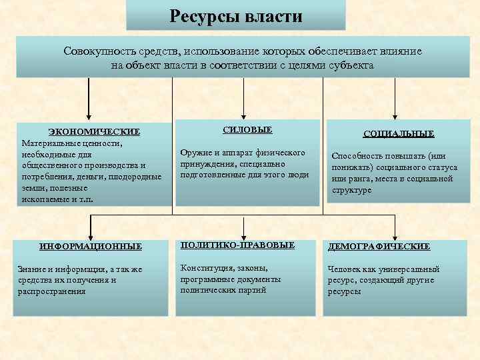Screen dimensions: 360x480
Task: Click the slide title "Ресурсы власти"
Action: coord(236,15)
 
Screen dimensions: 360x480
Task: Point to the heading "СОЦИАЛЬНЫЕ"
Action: coord(399,134)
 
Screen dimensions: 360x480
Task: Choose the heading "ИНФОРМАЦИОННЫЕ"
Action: coord(91,246)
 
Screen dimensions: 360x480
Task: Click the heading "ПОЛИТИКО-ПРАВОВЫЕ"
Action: coord(237,245)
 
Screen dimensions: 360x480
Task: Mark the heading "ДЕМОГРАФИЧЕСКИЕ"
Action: coord(378,246)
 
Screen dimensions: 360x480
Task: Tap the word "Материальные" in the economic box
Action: coord(53,142)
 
